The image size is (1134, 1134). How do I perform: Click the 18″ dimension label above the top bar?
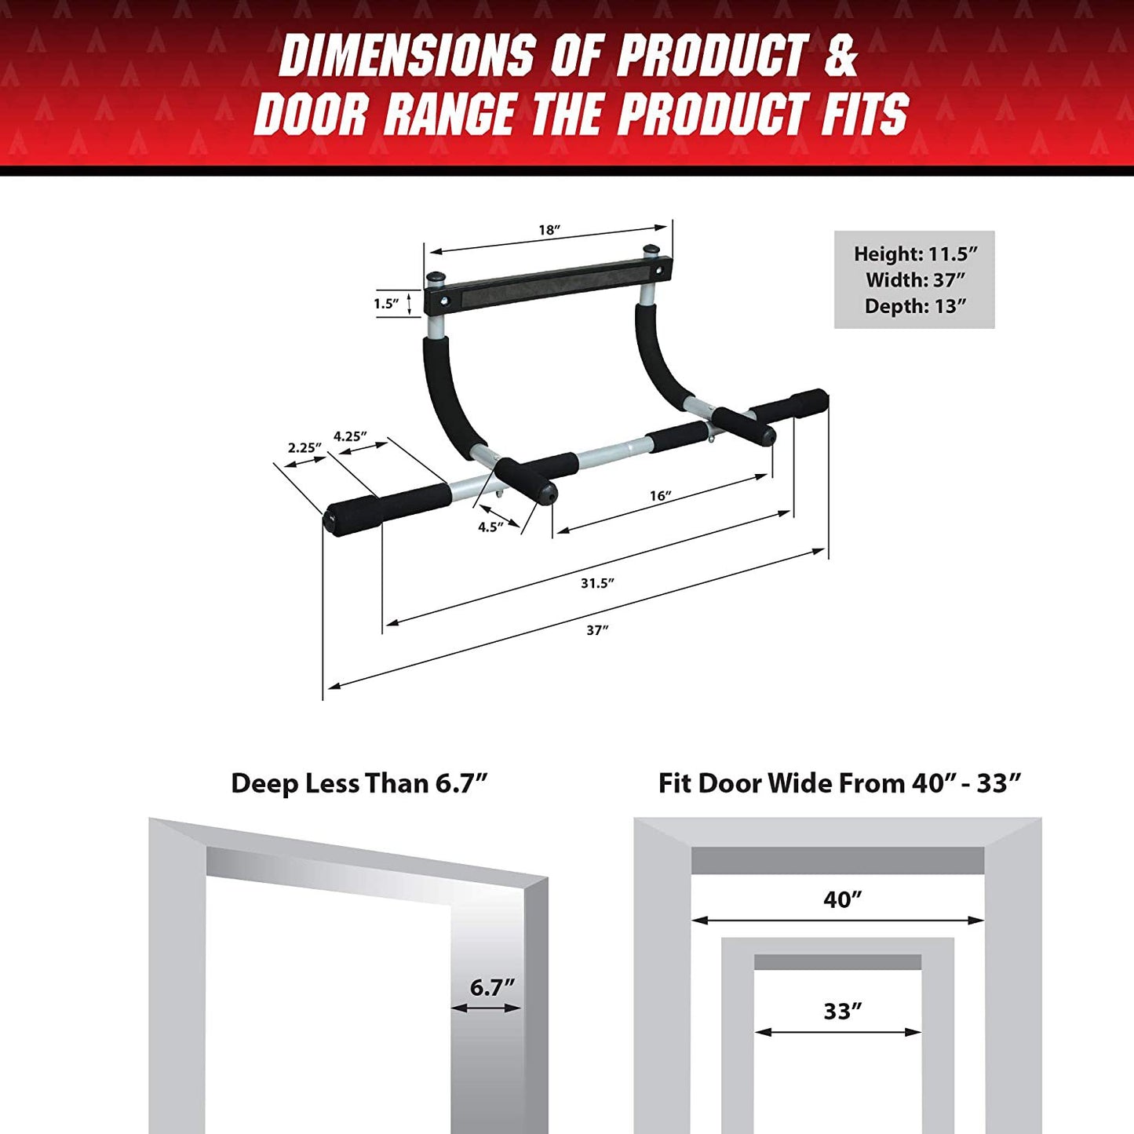549,230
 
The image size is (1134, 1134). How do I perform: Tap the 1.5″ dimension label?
386,304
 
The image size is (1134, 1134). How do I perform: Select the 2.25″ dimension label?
304,448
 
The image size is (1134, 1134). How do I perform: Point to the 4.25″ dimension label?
350,436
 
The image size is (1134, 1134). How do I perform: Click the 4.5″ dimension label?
490,527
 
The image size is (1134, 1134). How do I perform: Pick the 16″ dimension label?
660,496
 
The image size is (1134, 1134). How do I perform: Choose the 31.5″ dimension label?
597,583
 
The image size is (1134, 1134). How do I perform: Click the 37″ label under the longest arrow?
597,630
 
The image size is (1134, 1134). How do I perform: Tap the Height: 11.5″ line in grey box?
915,254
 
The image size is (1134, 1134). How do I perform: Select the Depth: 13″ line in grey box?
915,306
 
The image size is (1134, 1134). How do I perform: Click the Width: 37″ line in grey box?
915,280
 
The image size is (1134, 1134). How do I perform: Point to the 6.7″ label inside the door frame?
492,987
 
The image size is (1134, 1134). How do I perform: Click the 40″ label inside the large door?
842,899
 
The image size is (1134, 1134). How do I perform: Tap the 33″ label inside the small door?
842,1012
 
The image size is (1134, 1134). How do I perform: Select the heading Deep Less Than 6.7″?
359,783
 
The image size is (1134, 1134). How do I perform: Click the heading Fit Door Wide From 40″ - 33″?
839,783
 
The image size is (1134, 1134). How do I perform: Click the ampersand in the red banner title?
840,57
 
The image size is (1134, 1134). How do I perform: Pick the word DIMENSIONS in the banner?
407,57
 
